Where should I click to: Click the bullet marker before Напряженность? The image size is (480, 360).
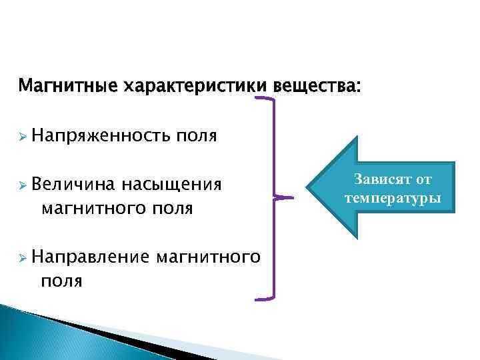[23, 137]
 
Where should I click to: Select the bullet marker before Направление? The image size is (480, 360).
[23, 256]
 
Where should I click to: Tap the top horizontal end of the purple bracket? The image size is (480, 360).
[264, 98]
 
